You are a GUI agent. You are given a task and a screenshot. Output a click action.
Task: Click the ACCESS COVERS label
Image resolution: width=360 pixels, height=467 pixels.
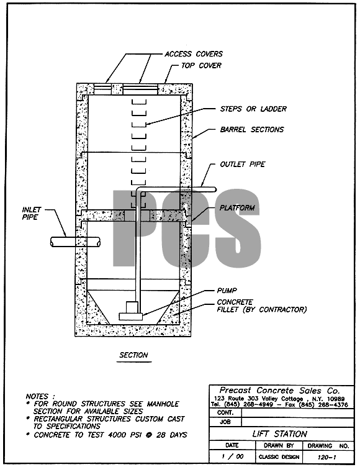coord(194,54)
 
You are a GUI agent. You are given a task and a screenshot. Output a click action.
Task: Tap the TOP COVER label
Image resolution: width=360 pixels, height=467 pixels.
coord(201,66)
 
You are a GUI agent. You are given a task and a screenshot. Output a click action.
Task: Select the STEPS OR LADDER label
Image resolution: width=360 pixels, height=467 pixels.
coord(253,109)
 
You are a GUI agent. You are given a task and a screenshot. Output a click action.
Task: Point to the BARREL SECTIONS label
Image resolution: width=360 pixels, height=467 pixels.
coord(252,130)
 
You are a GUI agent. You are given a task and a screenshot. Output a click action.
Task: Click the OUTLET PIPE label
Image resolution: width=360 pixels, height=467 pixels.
coord(243,165)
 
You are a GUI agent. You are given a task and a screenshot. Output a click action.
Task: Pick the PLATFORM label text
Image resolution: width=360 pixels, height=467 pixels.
coord(237,207)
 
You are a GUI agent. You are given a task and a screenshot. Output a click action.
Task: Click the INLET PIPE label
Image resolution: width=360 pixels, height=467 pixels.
coord(31,213)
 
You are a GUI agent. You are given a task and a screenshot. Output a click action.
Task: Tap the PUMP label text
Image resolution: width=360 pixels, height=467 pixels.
coord(227,291)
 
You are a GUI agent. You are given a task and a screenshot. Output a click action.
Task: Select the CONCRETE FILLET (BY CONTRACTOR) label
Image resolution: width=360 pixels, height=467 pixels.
coord(262,306)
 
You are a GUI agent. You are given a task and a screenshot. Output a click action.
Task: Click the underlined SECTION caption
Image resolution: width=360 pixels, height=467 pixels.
coord(133,355)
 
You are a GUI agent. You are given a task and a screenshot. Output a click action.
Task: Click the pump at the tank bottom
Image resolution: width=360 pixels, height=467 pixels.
coord(132,312)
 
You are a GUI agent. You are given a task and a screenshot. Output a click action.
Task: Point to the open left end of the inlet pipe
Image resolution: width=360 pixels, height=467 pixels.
coord(52,242)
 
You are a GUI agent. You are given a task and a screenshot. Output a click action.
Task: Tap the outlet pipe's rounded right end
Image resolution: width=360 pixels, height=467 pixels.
coord(214,189)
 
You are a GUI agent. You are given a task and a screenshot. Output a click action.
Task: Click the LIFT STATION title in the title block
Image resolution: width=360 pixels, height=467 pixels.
coord(279,433)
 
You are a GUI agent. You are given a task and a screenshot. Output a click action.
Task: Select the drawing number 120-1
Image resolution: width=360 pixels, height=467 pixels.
coord(326,457)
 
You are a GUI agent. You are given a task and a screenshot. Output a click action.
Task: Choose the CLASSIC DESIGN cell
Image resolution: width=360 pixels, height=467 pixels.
coord(279,457)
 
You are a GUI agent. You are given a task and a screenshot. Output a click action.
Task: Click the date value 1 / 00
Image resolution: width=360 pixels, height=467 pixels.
coord(233,456)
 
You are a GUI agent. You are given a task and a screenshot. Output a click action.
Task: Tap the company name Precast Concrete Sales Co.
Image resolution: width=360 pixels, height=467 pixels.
coord(279,391)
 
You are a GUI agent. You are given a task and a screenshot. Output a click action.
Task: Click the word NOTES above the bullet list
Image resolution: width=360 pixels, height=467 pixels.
coord(37,396)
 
